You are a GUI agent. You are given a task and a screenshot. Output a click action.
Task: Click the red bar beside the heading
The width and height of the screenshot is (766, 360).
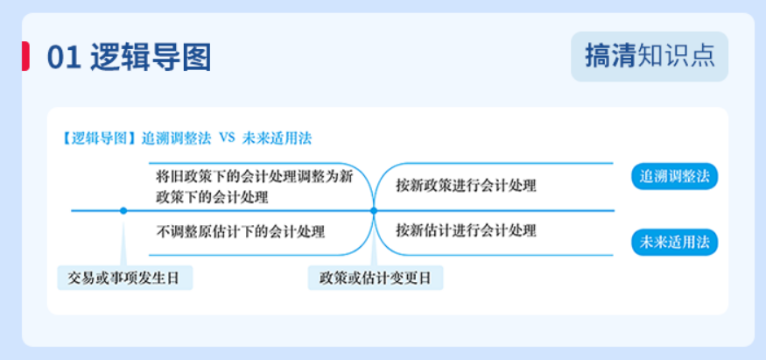pyautogui.click(x=25, y=56)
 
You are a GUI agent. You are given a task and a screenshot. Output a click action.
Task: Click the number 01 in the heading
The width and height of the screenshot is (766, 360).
pyautogui.click(x=64, y=57)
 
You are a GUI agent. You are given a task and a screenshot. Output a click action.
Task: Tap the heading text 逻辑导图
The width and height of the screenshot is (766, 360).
pyautogui.click(x=151, y=57)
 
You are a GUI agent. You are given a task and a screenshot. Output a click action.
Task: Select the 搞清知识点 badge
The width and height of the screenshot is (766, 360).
pyautogui.click(x=650, y=56)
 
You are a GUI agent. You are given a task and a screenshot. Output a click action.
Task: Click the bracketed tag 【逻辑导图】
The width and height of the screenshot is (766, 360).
pyautogui.click(x=100, y=138)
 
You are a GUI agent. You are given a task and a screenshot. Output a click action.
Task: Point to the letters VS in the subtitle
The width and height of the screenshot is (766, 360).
pyautogui.click(x=227, y=138)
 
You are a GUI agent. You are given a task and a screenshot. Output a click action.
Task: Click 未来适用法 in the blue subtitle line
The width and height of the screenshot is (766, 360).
pyautogui.click(x=277, y=138)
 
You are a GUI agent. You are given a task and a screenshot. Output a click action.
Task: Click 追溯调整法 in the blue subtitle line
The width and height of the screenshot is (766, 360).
pyautogui.click(x=176, y=138)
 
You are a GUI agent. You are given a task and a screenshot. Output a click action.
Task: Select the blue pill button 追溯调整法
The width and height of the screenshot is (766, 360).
pyautogui.click(x=675, y=177)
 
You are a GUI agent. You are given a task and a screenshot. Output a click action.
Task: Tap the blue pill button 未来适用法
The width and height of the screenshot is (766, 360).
pyautogui.click(x=675, y=243)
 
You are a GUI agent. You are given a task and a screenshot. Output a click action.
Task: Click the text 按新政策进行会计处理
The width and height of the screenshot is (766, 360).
pyautogui.click(x=466, y=186)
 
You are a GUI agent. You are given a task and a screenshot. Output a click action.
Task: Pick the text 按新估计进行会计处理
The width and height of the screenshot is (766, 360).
pyautogui.click(x=466, y=230)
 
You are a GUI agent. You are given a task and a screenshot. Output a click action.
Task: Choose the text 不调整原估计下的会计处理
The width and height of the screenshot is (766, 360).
pyautogui.click(x=241, y=230)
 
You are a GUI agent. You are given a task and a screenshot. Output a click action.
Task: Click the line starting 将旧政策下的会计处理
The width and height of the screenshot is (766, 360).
pyautogui.click(x=255, y=176)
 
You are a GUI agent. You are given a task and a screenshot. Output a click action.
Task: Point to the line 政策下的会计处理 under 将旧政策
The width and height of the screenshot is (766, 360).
pyautogui.click(x=213, y=198)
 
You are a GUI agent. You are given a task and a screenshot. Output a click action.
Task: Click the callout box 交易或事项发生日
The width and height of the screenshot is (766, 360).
pyautogui.click(x=125, y=278)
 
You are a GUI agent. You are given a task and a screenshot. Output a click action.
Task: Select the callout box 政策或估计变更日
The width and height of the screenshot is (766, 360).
pyautogui.click(x=376, y=278)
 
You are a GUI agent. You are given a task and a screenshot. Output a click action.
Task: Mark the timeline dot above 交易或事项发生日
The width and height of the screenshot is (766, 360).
pyautogui.click(x=123, y=210)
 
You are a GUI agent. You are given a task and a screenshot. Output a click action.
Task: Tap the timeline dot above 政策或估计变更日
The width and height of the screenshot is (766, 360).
pyautogui.click(x=374, y=210)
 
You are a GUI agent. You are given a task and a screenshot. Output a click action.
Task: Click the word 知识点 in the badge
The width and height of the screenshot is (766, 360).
pyautogui.click(x=677, y=56)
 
